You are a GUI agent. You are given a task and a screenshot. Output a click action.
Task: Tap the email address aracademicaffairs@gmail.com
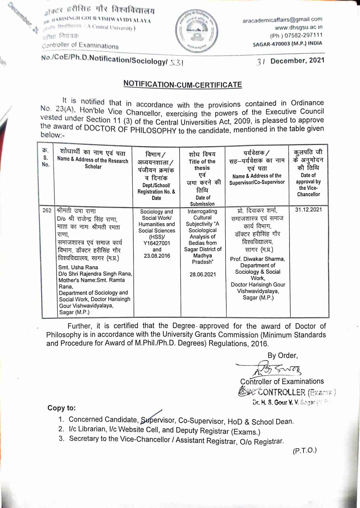click(x=283, y=19)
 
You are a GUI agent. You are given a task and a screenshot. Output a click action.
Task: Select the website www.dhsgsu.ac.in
click(x=298, y=27)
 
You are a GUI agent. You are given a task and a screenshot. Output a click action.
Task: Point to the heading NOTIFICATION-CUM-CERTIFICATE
click(x=182, y=84)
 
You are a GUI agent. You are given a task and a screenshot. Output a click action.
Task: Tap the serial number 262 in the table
click(x=47, y=211)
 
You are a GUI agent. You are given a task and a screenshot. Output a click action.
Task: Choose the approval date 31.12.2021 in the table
click(x=308, y=210)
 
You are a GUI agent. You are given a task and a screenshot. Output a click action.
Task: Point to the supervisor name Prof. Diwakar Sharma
click(x=257, y=259)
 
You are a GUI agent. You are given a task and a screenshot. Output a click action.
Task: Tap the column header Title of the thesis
click(x=202, y=165)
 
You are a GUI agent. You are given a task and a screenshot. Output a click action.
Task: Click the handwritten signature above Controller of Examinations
click(x=278, y=369)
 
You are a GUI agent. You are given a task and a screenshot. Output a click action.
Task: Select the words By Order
click(x=283, y=356)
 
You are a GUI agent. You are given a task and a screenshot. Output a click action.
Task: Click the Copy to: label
click(x=61, y=408)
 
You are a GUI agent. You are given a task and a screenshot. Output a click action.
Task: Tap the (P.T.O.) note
click(x=304, y=450)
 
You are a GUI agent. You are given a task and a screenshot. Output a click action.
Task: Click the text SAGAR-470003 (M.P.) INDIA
click(x=288, y=43)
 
